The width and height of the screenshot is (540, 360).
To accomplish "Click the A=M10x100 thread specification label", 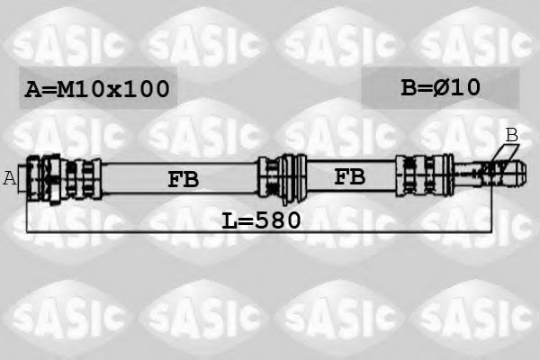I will pyautogui.click(x=97, y=89).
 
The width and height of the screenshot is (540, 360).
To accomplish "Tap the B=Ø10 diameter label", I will pyautogui.click(x=440, y=87).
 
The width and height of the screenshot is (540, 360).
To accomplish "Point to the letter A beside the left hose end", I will pyautogui.click(x=10, y=177).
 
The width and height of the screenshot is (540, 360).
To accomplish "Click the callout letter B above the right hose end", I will pyautogui.click(x=511, y=135).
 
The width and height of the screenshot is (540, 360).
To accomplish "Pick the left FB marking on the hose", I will pyautogui.click(x=183, y=179).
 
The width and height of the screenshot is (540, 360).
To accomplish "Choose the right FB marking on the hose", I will pyautogui.click(x=349, y=176).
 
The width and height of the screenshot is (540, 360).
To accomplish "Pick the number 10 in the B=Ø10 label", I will pyautogui.click(x=468, y=87).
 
